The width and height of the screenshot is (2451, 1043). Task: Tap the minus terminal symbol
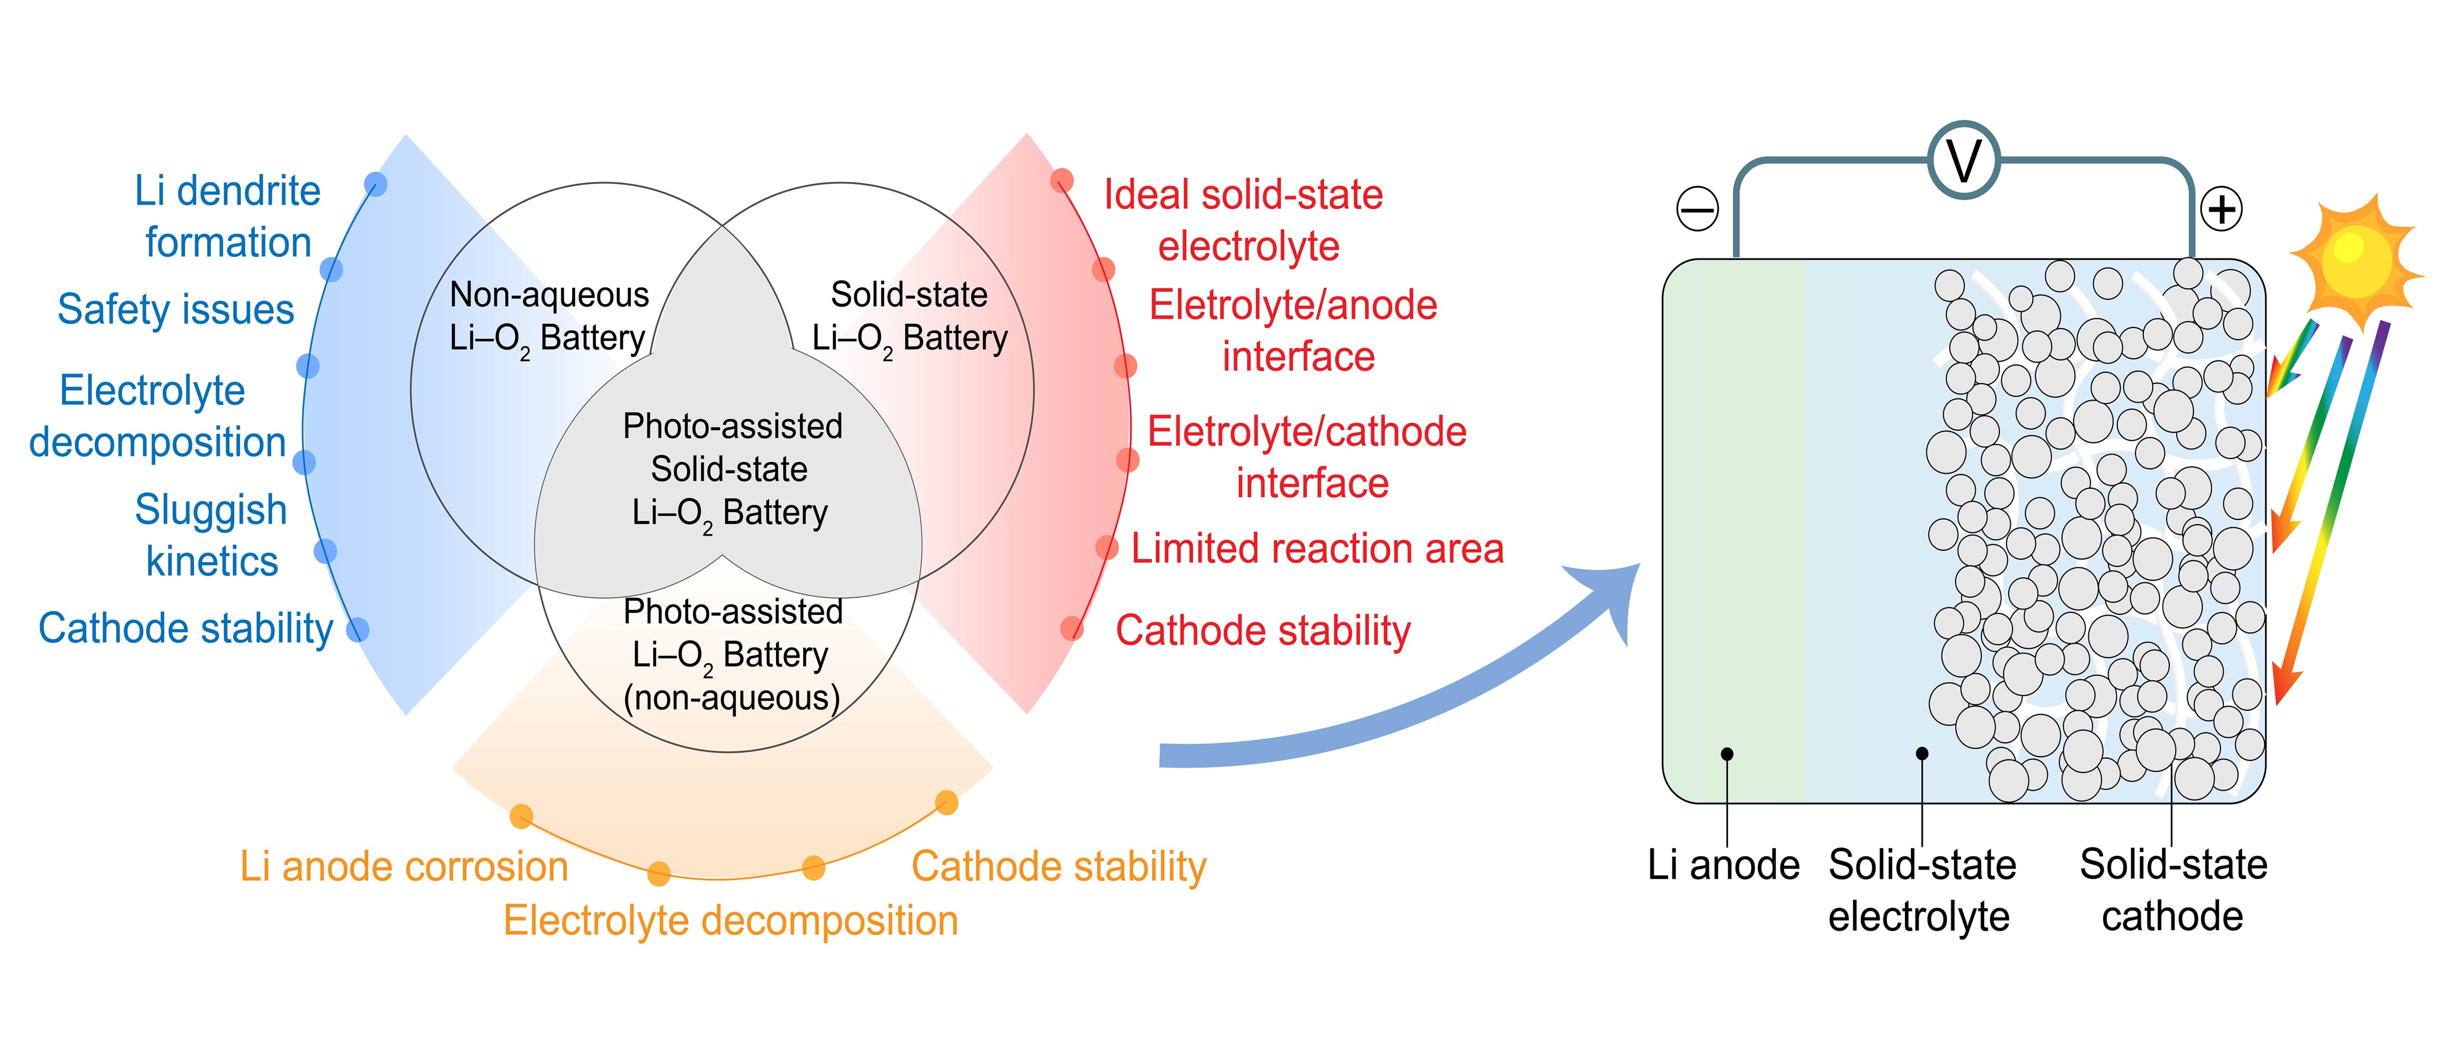(x=1697, y=209)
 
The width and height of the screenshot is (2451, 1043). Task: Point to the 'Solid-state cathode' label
(x=2173, y=890)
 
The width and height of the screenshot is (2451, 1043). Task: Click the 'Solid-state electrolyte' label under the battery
(x=1921, y=890)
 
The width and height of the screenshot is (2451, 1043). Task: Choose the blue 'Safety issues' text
(x=176, y=309)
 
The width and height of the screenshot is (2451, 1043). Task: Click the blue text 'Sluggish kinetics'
(x=211, y=535)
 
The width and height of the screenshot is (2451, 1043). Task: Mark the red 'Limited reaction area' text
(x=1317, y=549)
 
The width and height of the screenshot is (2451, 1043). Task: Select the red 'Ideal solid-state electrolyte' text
(x=1244, y=220)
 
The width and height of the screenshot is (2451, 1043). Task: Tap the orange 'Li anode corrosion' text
(x=404, y=867)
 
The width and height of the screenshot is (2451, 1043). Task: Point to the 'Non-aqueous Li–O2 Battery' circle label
(x=549, y=317)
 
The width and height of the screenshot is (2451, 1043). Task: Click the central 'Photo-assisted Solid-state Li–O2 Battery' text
(x=731, y=469)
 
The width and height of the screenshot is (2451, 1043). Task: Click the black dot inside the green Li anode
(x=1727, y=754)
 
